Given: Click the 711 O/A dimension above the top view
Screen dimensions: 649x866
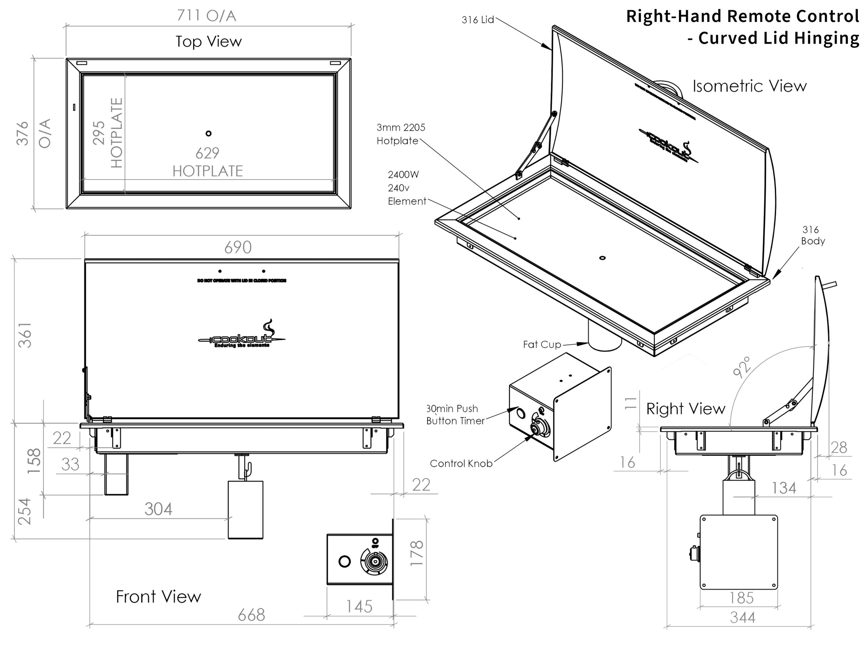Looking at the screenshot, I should point(206,16).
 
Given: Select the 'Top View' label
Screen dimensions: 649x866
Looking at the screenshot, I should point(208,42).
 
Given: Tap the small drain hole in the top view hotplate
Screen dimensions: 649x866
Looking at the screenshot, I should point(208,134).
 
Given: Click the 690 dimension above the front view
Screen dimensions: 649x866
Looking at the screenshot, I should point(237,247).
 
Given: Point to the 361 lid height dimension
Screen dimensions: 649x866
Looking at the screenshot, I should point(25,335).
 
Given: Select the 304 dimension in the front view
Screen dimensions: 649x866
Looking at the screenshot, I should point(158,509).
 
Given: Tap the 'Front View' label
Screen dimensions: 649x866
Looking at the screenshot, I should point(158,597).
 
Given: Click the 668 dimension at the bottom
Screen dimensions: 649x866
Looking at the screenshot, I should point(251,615).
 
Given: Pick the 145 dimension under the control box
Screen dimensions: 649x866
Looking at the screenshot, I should point(359,606).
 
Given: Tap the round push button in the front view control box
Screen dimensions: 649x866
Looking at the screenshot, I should point(344,562).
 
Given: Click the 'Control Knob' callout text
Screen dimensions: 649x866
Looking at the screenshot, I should point(461,463).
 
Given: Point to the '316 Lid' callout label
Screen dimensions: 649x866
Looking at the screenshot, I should point(478,20).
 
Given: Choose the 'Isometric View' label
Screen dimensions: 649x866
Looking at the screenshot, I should point(749,86).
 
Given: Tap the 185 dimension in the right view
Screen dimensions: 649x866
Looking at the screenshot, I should point(741,598).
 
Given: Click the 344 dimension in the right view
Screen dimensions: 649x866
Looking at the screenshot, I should point(742,618).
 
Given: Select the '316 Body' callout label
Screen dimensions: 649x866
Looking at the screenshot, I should point(812,235).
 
